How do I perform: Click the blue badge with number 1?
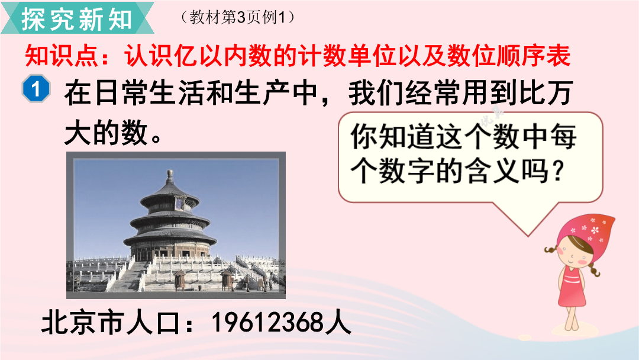click(36, 89)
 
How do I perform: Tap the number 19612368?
click(267, 323)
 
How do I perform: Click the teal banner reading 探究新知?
click(77, 18)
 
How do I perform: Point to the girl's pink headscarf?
click(588, 230)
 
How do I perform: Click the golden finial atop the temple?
click(170, 176)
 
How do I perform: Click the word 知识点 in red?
click(62, 56)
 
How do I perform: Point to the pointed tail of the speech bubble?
click(528, 235)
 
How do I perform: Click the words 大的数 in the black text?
click(106, 133)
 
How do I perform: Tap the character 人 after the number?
click(338, 323)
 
